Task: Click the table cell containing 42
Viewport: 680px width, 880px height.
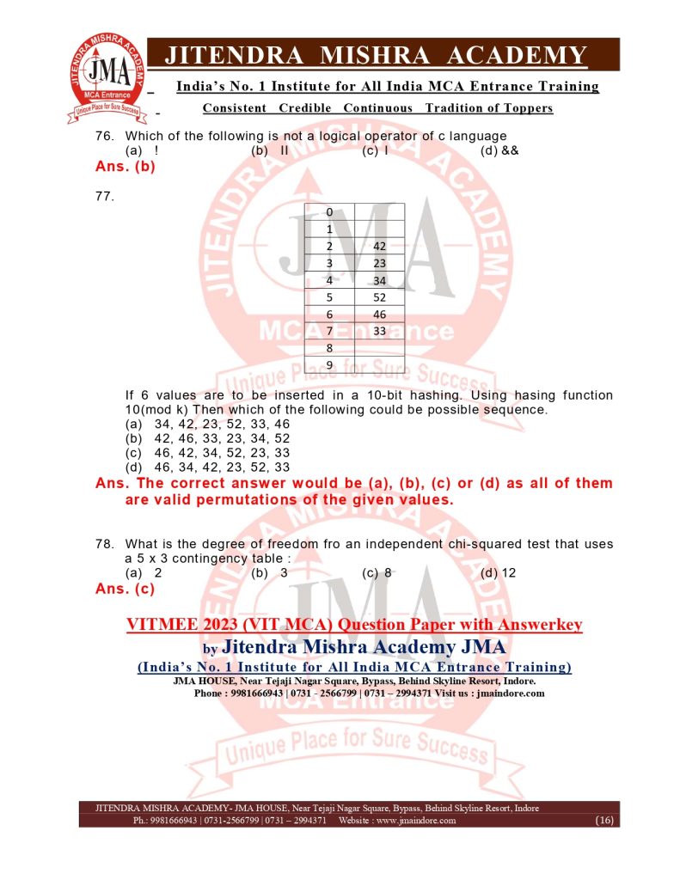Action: point(379,245)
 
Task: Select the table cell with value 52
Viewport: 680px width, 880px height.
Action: point(379,296)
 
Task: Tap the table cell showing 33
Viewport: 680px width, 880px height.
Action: point(379,331)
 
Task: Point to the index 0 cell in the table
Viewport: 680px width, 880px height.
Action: point(329,211)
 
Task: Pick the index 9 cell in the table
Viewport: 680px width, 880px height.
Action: point(329,365)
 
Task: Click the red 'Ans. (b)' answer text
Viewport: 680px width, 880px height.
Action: point(126,168)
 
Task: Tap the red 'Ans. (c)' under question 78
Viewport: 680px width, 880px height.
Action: point(126,590)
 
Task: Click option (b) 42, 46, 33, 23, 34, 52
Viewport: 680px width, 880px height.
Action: point(207,438)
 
